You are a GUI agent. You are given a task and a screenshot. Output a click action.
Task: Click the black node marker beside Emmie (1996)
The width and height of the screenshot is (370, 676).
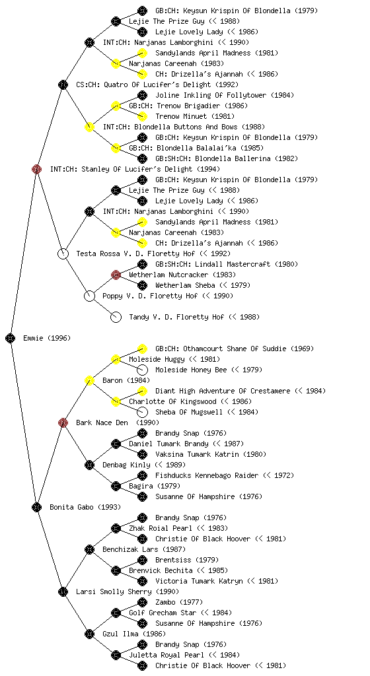[11, 338]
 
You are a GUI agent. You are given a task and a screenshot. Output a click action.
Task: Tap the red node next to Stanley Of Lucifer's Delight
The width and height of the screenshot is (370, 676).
[36, 169]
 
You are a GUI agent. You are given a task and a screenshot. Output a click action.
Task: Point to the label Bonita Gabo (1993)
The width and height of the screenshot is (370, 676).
[85, 507]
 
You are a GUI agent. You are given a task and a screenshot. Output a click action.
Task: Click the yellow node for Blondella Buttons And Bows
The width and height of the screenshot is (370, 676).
[89, 127]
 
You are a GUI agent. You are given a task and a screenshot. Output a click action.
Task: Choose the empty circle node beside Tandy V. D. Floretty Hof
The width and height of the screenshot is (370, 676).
[116, 317]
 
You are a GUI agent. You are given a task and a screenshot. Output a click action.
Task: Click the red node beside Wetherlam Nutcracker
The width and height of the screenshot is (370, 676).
[116, 275]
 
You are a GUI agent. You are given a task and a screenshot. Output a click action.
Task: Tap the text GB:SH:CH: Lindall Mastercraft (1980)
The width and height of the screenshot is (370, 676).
[227, 264]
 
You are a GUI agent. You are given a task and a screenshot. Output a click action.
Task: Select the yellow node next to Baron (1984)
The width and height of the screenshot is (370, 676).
[89, 380]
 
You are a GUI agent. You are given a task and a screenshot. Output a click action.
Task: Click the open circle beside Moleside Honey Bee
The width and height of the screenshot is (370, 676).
[142, 370]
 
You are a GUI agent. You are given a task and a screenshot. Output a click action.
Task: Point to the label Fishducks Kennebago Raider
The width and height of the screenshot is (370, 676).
[207, 475]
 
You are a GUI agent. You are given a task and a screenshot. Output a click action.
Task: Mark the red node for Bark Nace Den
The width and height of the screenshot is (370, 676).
[63, 422]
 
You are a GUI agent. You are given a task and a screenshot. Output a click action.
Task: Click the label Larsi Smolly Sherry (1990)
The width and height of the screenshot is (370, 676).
[128, 591]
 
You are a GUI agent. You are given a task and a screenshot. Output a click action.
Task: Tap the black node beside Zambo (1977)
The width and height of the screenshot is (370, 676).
[142, 602]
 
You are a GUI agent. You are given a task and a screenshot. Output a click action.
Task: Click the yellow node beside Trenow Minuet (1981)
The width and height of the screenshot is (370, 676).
[142, 116]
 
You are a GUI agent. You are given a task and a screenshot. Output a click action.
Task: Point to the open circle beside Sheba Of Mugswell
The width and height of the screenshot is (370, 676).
[142, 412]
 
